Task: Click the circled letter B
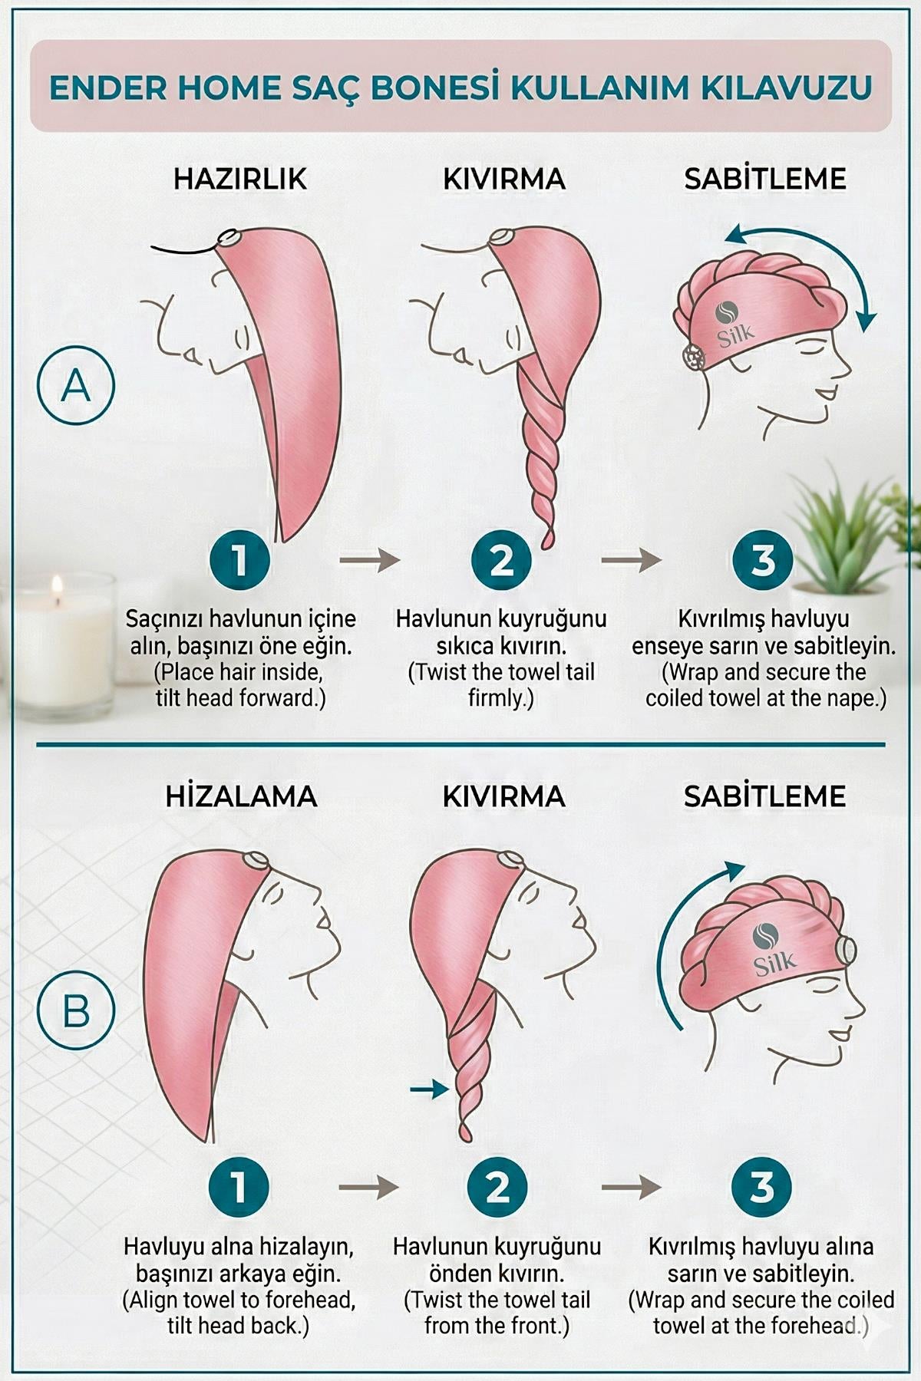click(75, 1010)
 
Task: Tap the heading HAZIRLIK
click(239, 179)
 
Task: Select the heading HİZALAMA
click(241, 796)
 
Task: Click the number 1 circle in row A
click(239, 559)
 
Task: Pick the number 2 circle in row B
click(498, 1187)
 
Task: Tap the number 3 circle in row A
click(762, 559)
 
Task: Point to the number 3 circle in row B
click(762, 1187)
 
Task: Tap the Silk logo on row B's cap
click(771, 951)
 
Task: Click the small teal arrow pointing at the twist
click(429, 1088)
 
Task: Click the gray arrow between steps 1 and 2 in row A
click(370, 560)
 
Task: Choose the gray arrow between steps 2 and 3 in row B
click(631, 1188)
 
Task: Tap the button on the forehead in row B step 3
click(847, 950)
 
